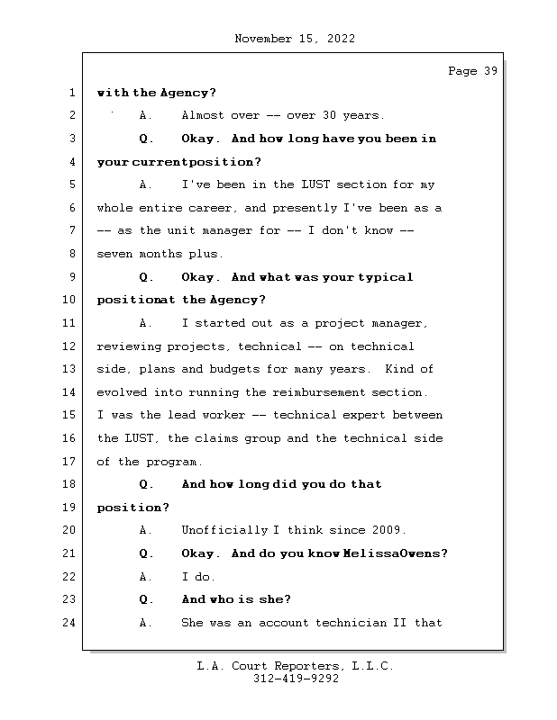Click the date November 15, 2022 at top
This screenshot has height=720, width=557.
tap(295, 39)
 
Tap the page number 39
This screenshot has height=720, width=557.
tap(491, 71)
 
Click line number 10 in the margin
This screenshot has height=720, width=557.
tap(68, 300)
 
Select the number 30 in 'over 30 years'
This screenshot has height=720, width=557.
tap(329, 115)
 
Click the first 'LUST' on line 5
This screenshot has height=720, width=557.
tap(315, 184)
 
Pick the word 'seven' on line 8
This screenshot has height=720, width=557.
tap(114, 254)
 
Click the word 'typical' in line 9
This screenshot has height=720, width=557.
tap(386, 277)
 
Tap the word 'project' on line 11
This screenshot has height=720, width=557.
tap(340, 323)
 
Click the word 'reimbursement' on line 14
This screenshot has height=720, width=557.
tap(318, 392)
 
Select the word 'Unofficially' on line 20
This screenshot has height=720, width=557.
tap(224, 530)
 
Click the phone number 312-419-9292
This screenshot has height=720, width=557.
tap(296, 679)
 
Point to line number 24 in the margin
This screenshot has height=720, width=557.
tap(68, 623)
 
